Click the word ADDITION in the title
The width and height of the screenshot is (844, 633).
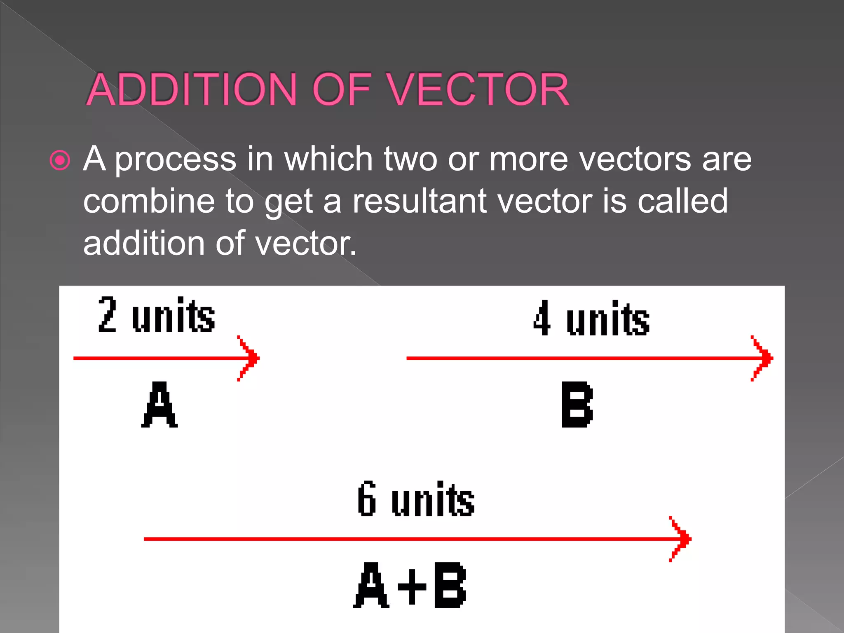[x=192, y=89]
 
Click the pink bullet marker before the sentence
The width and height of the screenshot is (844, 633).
[x=60, y=160]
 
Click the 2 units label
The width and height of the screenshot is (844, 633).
[x=157, y=315]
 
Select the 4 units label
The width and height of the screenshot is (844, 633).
[x=591, y=318]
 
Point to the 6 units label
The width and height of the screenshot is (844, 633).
[x=416, y=499]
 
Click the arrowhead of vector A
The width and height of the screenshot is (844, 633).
[x=249, y=358]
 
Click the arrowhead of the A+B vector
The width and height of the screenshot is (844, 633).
[x=680, y=539]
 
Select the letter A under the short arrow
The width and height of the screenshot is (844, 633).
[x=159, y=404]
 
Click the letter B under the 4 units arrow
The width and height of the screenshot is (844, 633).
[x=577, y=404]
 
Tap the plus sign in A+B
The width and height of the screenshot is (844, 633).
[x=412, y=586]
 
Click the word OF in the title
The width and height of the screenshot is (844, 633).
[x=342, y=89]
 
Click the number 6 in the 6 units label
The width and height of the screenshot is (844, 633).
[x=366, y=499]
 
